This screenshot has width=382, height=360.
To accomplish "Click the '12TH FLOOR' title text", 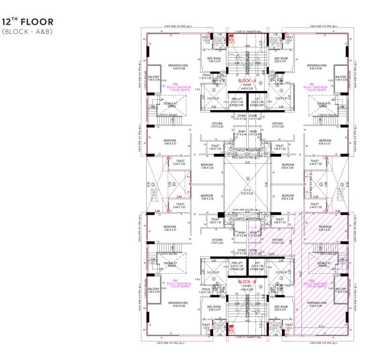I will [28, 22].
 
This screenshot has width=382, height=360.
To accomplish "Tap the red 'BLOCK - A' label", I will [247, 81].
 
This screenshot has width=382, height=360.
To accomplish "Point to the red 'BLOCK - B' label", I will [247, 281].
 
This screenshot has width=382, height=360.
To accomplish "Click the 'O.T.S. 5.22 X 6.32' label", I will [247, 192].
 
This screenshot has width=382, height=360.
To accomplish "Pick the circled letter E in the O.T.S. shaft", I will [247, 179].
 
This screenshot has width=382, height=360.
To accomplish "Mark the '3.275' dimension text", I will [271, 254].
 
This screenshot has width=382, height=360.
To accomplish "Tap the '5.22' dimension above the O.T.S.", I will [247, 163].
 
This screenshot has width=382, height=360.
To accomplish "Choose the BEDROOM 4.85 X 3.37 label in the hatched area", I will [325, 228].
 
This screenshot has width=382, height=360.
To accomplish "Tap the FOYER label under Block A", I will [247, 86].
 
